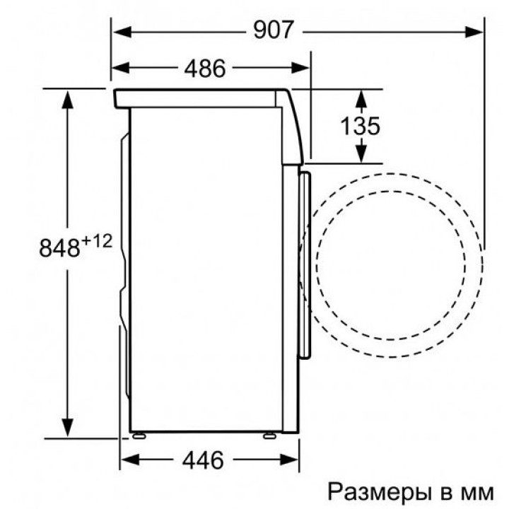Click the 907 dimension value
click(x=274, y=30)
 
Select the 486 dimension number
click(x=205, y=69)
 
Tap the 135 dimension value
click(x=360, y=126)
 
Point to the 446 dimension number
click(x=203, y=460)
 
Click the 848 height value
click(x=59, y=247)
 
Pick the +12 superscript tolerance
click(x=97, y=241)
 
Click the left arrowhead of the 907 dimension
click(x=122, y=32)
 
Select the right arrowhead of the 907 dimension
click(x=474, y=32)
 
